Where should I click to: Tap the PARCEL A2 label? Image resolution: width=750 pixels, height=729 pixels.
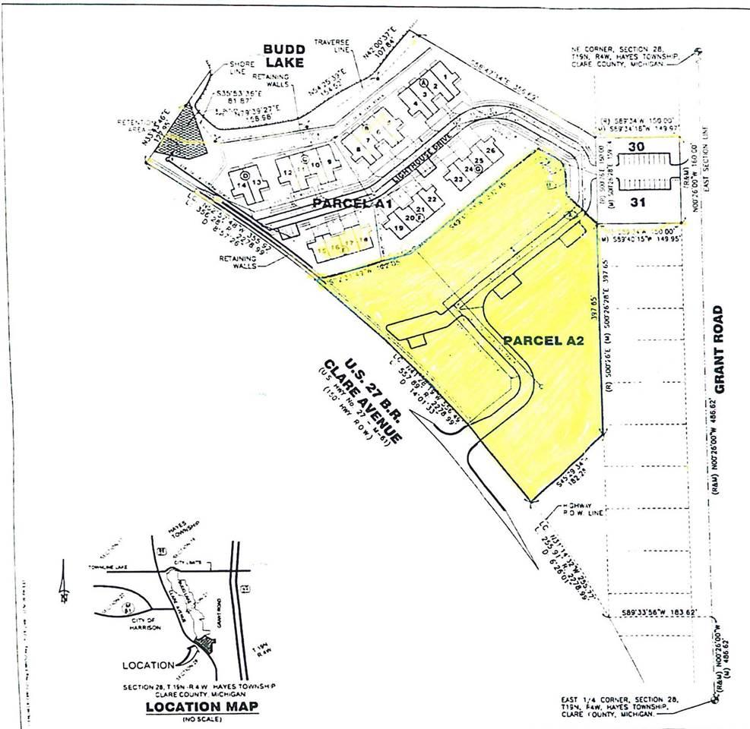click(x=543, y=342)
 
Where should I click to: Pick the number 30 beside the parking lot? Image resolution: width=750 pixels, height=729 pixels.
click(x=636, y=147)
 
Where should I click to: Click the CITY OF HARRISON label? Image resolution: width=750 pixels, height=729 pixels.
click(x=123, y=622)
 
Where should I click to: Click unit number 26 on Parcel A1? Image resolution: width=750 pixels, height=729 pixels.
click(x=490, y=151)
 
